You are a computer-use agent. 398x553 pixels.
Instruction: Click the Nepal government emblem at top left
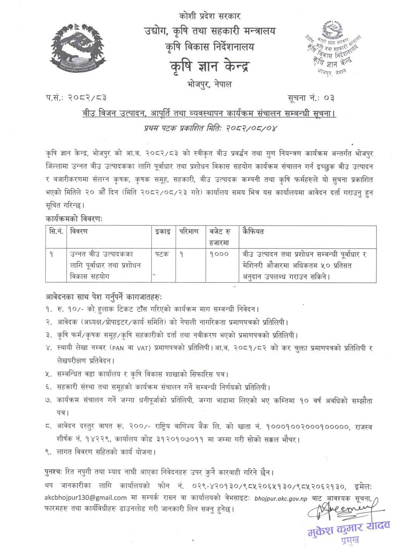coord(75,46)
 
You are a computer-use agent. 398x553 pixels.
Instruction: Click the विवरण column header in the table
coord(79,231)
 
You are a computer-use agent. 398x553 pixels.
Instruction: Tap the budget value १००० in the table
coord(219,254)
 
